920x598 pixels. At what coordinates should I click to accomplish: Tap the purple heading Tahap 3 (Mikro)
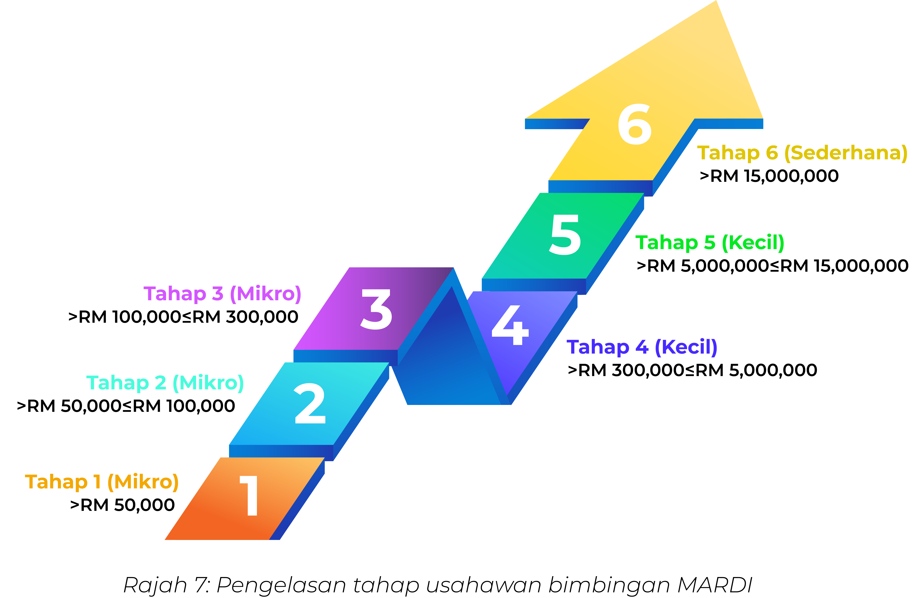click(x=222, y=294)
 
